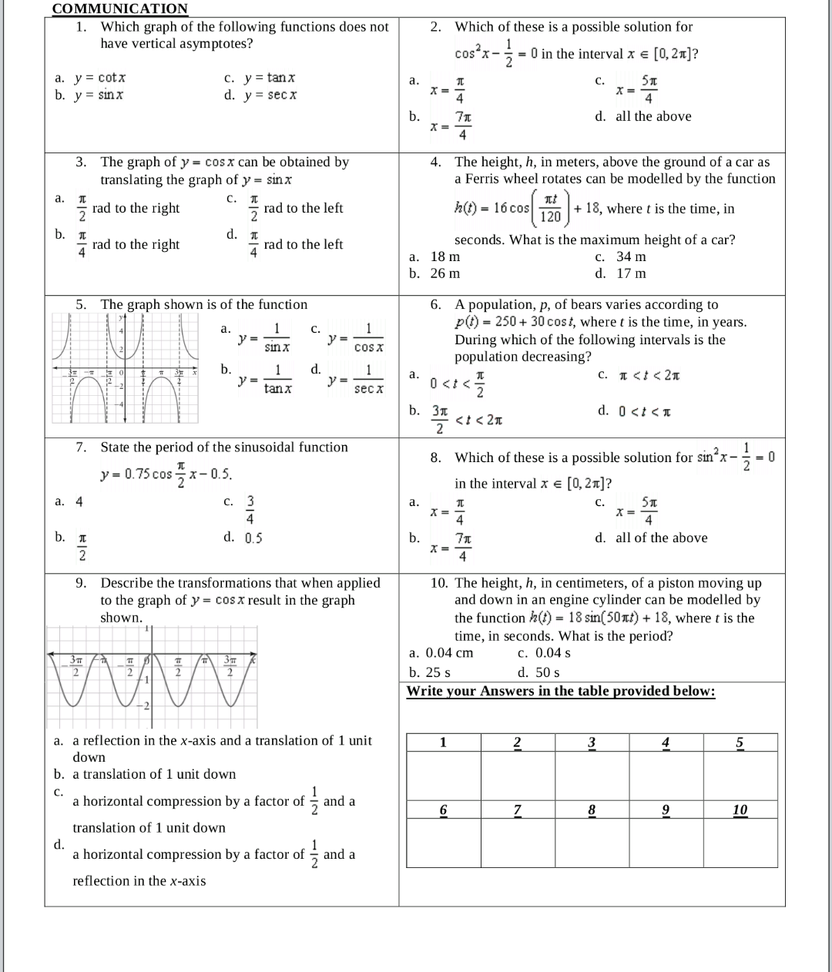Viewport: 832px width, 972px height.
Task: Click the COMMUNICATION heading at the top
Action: coord(119,8)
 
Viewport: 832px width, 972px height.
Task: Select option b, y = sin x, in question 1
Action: coord(99,95)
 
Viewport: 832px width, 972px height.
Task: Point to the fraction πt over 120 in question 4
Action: coord(551,208)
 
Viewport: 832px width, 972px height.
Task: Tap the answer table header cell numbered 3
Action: coord(592,742)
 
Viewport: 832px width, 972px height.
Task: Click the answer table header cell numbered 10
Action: coord(740,809)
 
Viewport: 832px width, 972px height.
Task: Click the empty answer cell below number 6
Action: coord(443,843)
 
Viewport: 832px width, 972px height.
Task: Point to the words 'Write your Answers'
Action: coord(462,691)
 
